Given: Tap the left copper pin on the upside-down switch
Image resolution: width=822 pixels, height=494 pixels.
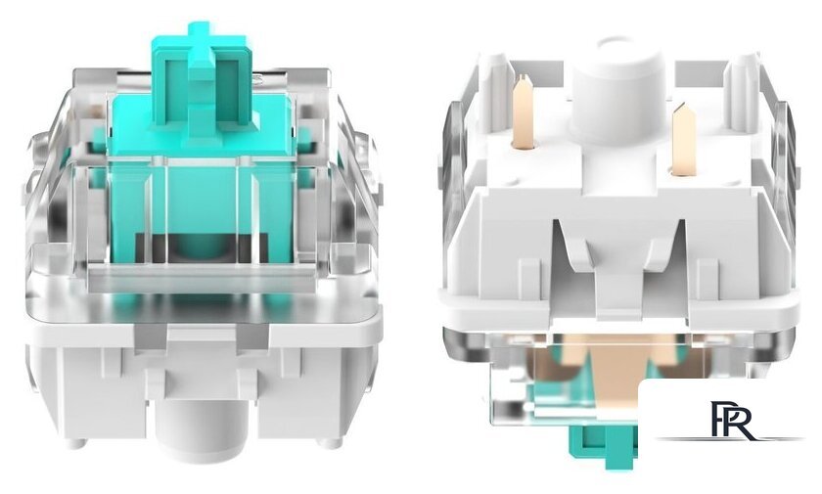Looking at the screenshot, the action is (x=524, y=112).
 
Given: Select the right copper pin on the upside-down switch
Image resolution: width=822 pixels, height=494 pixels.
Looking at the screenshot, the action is (x=684, y=139).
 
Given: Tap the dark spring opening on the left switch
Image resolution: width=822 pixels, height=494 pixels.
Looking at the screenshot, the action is (x=202, y=247).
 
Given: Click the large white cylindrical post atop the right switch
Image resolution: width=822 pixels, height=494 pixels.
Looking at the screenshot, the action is (x=617, y=89).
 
